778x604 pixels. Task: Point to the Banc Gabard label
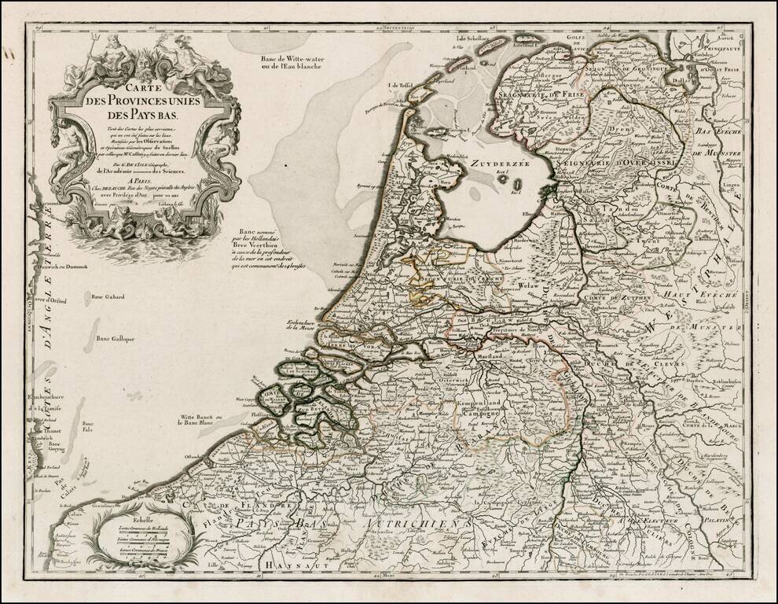[108, 297]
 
